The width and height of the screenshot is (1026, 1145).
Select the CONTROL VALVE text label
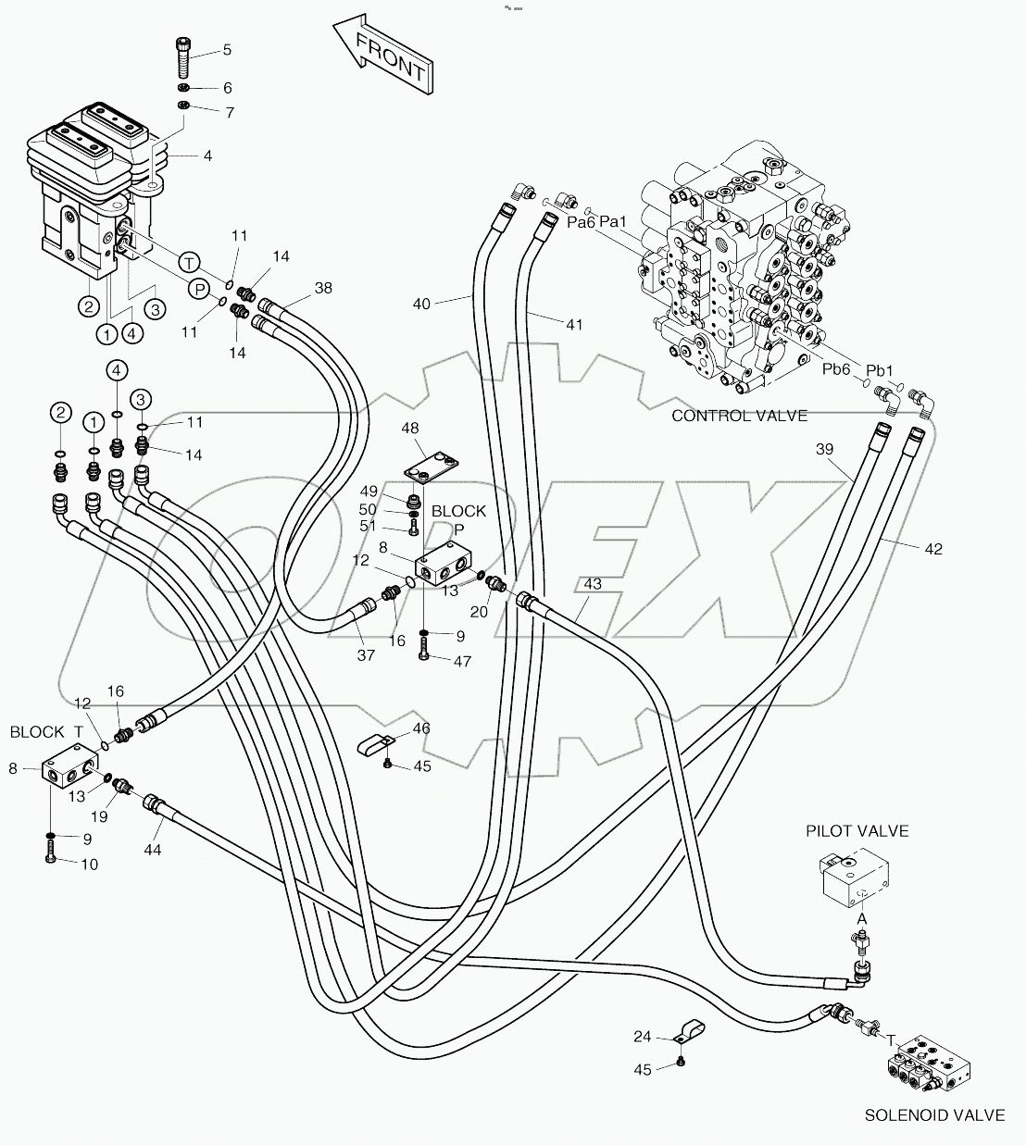click(x=739, y=416)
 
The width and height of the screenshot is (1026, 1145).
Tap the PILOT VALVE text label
click(x=857, y=830)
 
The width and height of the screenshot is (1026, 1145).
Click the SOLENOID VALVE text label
click(x=933, y=1115)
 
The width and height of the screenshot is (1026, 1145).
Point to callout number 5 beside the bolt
click(x=227, y=50)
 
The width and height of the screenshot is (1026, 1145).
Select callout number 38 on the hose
click(x=322, y=288)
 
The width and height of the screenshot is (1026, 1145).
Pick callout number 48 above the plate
click(x=410, y=428)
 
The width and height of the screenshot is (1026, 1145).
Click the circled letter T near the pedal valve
click(x=187, y=262)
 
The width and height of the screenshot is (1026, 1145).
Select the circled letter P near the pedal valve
click(x=198, y=290)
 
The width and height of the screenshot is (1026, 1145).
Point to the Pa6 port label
click(x=580, y=222)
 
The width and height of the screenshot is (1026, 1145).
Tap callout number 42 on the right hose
click(x=932, y=549)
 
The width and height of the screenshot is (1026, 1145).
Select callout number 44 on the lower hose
click(x=153, y=848)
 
